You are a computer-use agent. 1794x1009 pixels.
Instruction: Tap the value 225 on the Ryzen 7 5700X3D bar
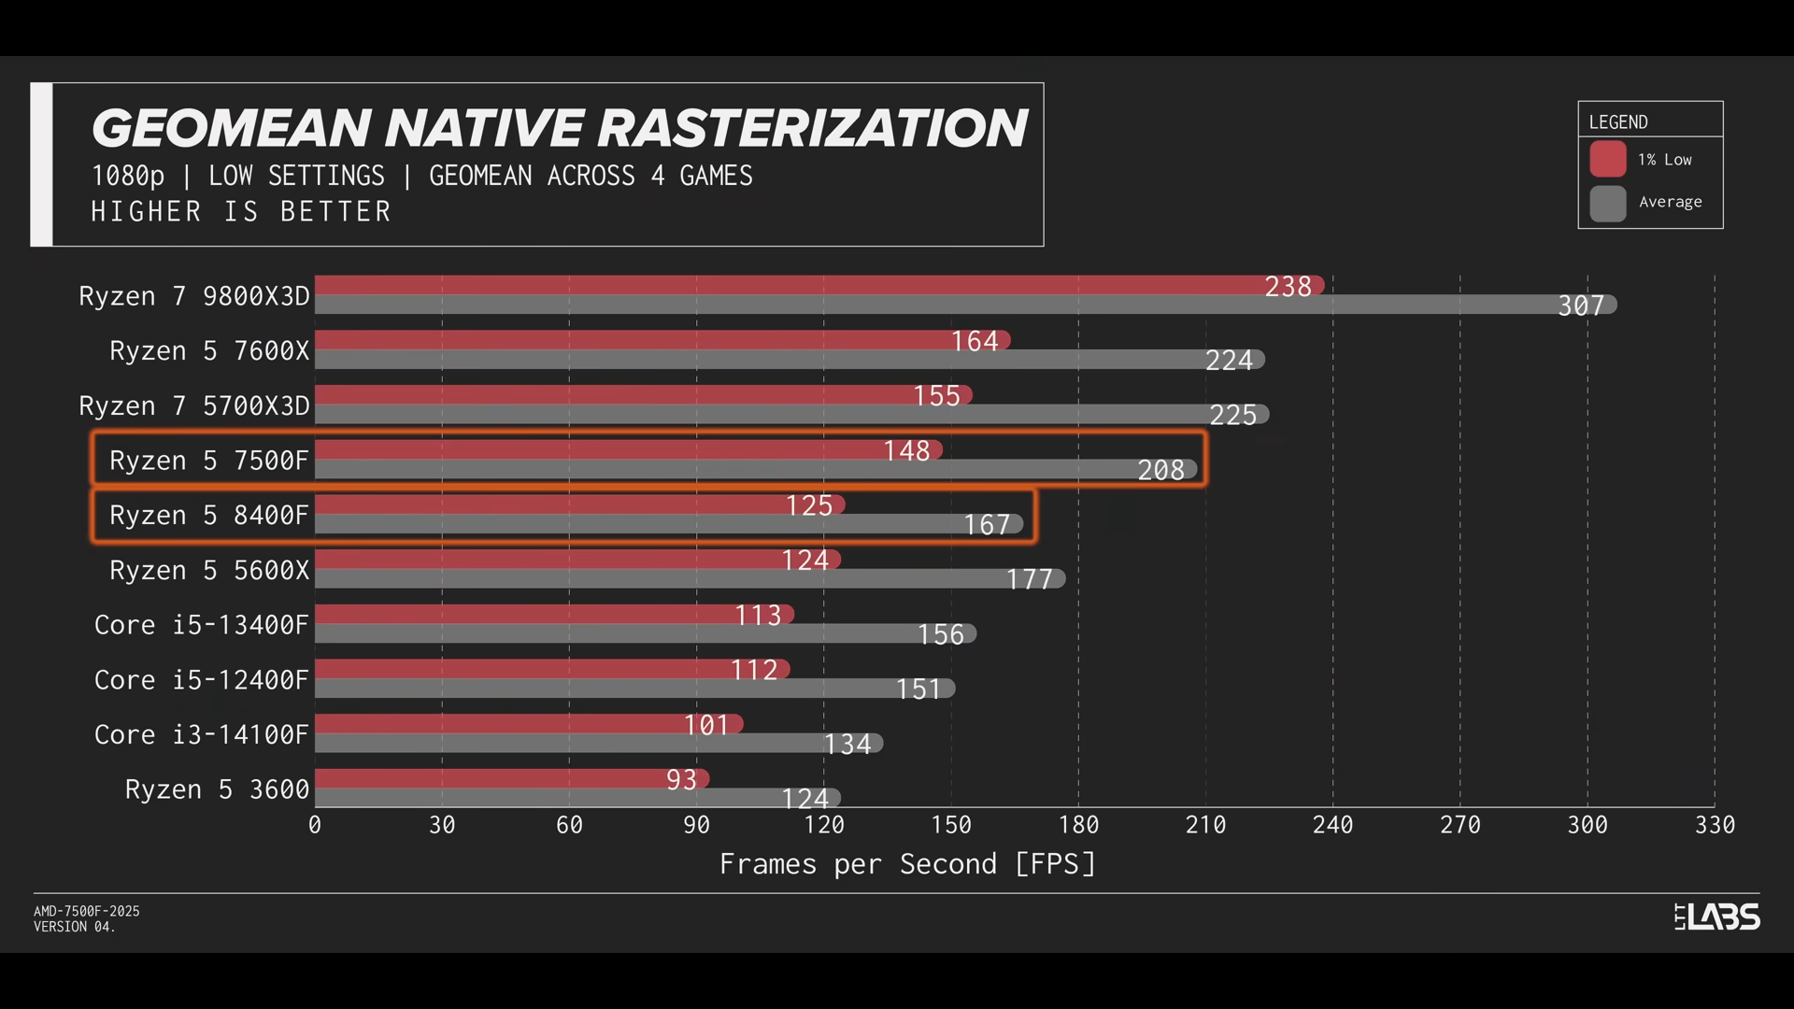pyautogui.click(x=1232, y=415)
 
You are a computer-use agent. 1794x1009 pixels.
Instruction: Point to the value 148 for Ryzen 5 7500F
pyautogui.click(x=906, y=451)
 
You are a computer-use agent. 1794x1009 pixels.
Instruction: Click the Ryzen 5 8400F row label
pyautogui.click(x=208, y=515)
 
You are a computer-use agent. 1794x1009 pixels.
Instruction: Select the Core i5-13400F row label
pyautogui.click(x=201, y=625)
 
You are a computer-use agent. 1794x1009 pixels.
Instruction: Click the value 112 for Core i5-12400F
pyautogui.click(x=754, y=670)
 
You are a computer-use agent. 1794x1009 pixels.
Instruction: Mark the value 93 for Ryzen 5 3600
pyautogui.click(x=681, y=779)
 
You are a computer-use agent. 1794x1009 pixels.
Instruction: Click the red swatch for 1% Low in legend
pyautogui.click(x=1608, y=159)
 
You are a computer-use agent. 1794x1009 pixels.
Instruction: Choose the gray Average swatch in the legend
pyautogui.click(x=1608, y=203)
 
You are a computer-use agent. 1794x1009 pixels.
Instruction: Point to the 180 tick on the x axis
pyautogui.click(x=1078, y=825)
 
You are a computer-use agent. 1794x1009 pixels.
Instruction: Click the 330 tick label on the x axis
pyautogui.click(x=1715, y=825)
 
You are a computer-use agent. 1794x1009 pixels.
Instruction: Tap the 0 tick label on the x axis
pyautogui.click(x=315, y=825)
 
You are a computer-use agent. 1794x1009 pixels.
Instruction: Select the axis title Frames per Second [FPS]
pyautogui.click(x=906, y=864)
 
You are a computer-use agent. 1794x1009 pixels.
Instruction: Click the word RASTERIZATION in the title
pyautogui.click(x=812, y=128)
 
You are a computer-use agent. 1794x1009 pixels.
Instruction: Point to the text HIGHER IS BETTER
pyautogui.click(x=240, y=212)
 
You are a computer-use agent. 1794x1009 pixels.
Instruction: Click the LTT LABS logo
pyautogui.click(x=1716, y=917)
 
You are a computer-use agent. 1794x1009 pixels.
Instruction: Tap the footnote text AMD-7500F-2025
pyautogui.click(x=87, y=911)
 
